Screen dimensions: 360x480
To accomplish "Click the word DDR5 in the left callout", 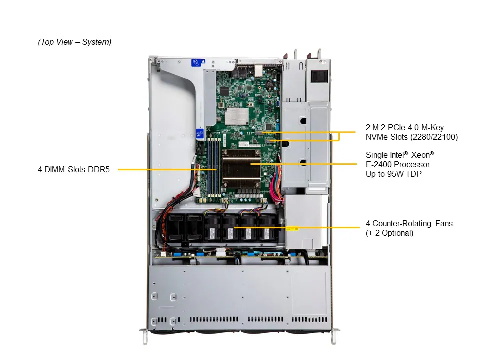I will [x=98, y=169].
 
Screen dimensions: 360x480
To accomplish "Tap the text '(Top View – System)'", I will [x=75, y=42].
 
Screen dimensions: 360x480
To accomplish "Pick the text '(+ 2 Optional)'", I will [x=390, y=233].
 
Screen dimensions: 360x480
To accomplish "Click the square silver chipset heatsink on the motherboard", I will [x=237, y=116].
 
